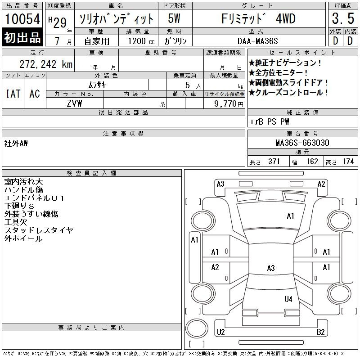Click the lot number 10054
[x=22, y=19]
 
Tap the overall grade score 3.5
[x=343, y=18]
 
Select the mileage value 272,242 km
[x=46, y=64]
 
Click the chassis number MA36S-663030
[x=302, y=143]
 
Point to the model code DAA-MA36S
[x=257, y=41]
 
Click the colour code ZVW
[x=74, y=103]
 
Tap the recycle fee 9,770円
[x=229, y=104]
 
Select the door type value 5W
[x=174, y=18]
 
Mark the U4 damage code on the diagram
[x=288, y=299]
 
